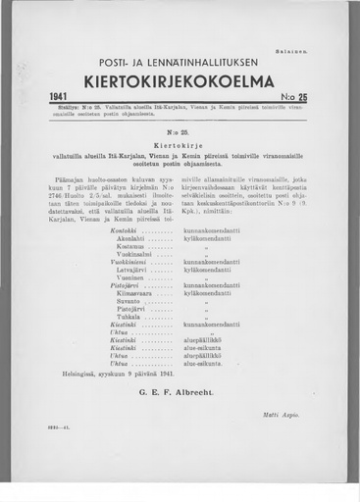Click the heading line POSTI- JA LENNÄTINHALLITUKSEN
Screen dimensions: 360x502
180,57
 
